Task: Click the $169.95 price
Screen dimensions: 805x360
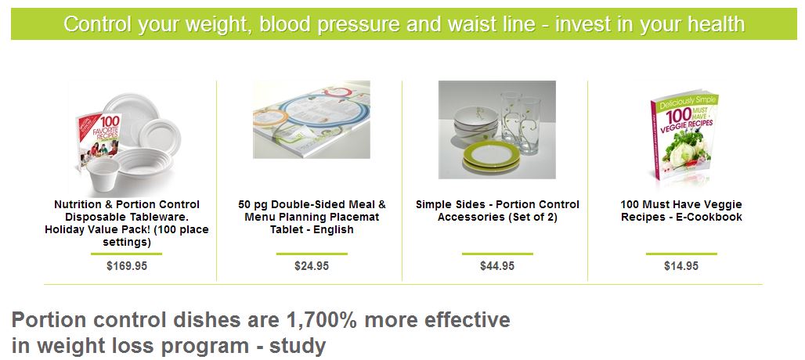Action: (127, 266)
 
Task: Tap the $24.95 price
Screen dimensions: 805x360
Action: (312, 266)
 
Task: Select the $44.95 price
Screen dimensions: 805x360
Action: (497, 266)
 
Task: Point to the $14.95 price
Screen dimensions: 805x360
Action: (681, 266)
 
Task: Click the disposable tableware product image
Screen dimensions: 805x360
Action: (127, 139)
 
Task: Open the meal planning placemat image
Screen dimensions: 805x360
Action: (312, 120)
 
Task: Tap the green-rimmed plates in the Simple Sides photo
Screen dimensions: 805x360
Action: (492, 157)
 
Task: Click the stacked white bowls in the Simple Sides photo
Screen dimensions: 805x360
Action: (476, 124)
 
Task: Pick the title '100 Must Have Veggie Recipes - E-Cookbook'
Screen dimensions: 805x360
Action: (681, 211)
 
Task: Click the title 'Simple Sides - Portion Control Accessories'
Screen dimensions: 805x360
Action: (497, 211)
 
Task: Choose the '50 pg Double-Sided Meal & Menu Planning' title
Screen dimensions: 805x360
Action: (312, 211)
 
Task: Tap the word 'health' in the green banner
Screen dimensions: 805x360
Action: (717, 24)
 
